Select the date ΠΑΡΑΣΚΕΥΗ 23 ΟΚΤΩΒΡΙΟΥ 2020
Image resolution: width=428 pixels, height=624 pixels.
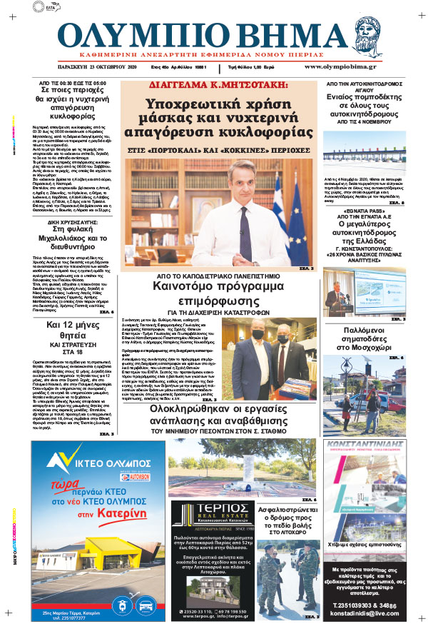88,66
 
